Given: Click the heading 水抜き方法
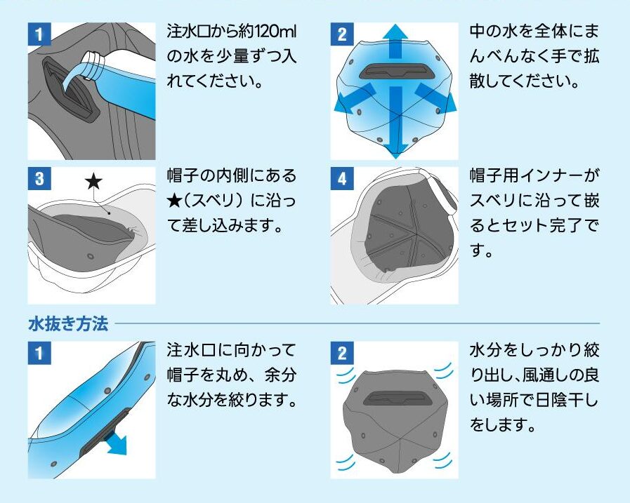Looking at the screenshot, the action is click(x=68, y=323).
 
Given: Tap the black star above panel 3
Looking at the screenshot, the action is click(x=93, y=182).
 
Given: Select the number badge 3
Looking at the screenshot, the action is click(x=39, y=179).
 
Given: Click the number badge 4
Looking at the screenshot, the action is click(x=342, y=179).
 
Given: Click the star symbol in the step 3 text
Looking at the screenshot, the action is click(x=174, y=201).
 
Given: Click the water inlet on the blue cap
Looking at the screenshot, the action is click(x=393, y=71).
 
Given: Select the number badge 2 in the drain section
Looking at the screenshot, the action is click(x=342, y=353).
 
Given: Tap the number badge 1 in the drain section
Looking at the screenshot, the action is click(x=39, y=353).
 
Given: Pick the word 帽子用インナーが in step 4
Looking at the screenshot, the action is click(x=534, y=175).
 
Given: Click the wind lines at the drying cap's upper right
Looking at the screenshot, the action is click(x=444, y=371).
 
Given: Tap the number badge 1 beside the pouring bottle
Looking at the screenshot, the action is click(x=39, y=34).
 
